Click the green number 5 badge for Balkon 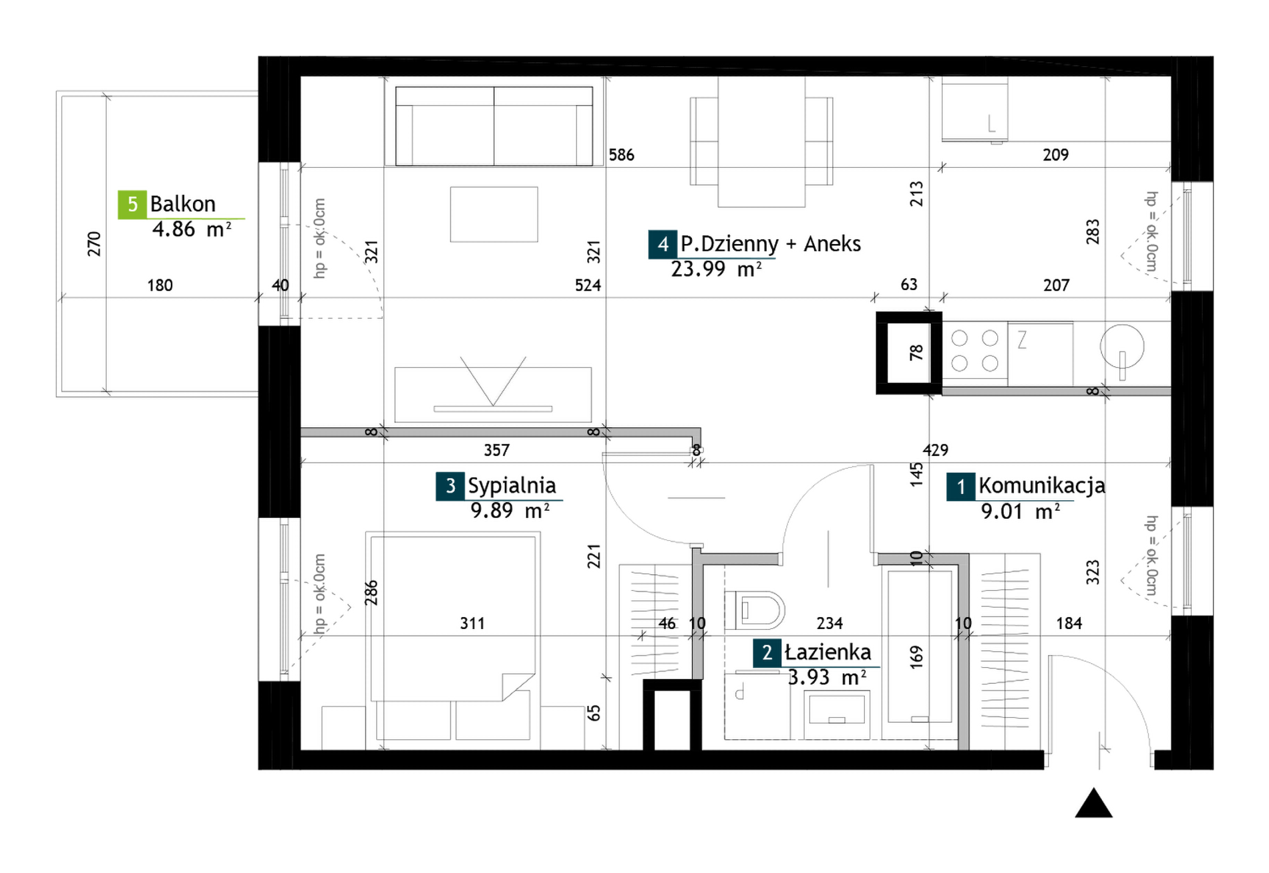(x=132, y=205)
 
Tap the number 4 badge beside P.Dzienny (x=663, y=244)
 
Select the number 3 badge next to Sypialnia (x=450, y=486)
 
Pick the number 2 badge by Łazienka (x=767, y=653)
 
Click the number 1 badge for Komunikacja (x=961, y=487)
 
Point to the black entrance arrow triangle (x=1093, y=803)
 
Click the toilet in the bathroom (x=755, y=610)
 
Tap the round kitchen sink (x=1122, y=346)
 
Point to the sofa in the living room (x=494, y=126)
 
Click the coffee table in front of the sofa (x=494, y=214)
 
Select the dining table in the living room (x=761, y=142)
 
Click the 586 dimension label (x=621, y=155)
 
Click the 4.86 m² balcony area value (x=192, y=230)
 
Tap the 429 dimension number (x=935, y=451)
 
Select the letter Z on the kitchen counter (x=1022, y=341)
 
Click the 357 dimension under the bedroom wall (x=497, y=451)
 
